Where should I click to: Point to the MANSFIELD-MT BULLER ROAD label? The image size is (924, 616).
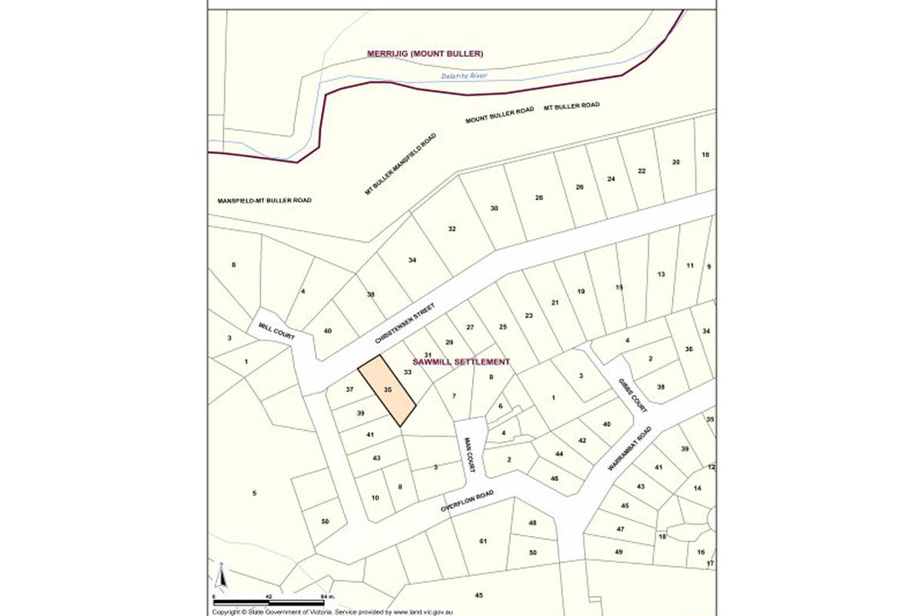click(264, 200)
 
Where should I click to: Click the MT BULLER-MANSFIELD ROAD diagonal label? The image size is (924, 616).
click(400, 164)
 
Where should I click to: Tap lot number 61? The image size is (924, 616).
click(483, 542)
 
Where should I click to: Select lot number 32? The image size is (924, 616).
click(452, 229)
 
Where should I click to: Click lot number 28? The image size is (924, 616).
click(539, 198)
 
